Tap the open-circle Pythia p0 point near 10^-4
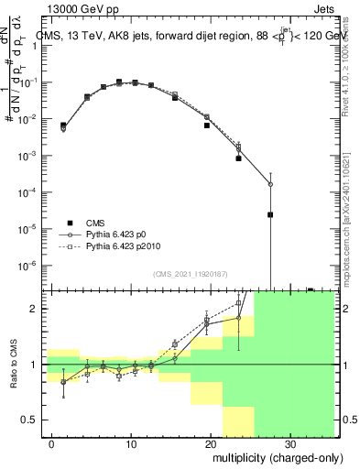pos(270,184)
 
